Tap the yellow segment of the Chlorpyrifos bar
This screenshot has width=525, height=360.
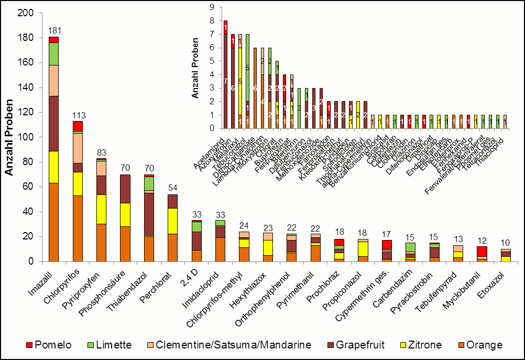(x=78, y=183)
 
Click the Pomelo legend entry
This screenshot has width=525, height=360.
(x=52, y=345)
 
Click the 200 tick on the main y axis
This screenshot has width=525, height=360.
(x=26, y=13)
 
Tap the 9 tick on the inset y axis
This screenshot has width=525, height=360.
(x=213, y=7)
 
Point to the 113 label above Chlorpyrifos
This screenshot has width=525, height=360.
(x=78, y=116)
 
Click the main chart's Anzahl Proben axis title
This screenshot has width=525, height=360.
(x=9, y=137)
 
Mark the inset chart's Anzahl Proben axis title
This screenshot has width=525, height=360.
(x=195, y=68)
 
